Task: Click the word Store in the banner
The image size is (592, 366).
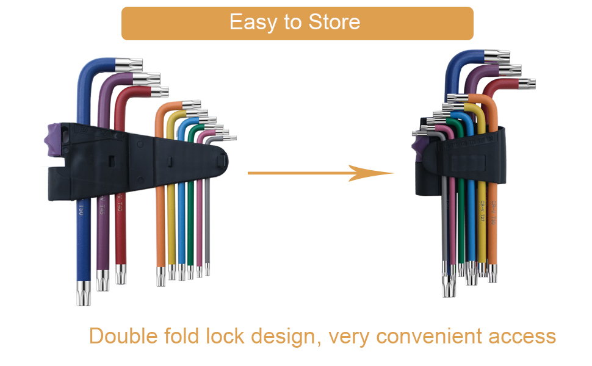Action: pos(334,23)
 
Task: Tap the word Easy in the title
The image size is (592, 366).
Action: pos(249,23)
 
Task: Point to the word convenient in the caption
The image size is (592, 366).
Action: pos(425,336)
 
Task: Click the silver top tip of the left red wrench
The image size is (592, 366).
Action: pos(160,93)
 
